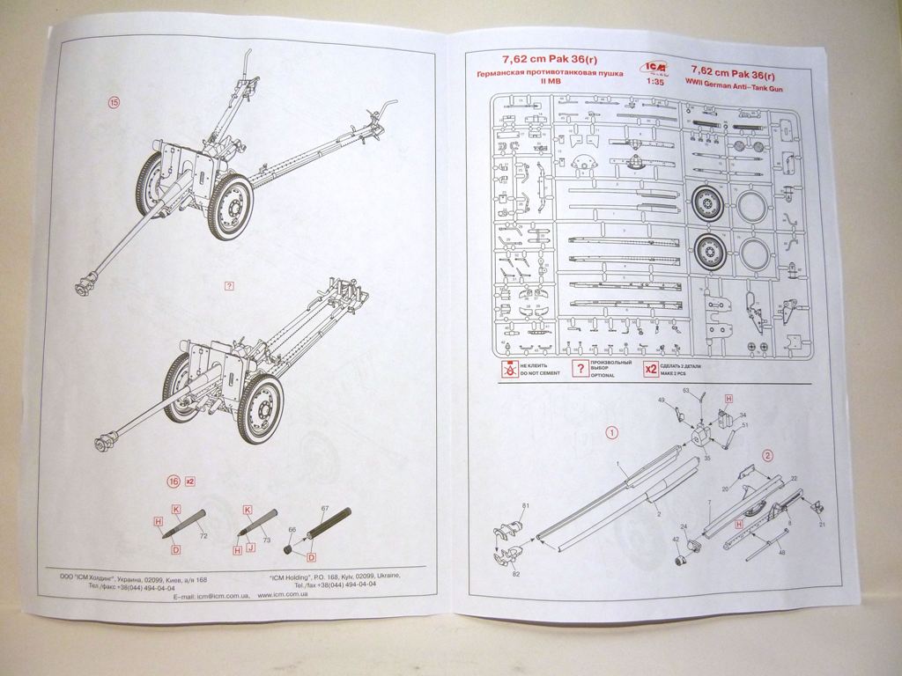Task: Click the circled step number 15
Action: click(x=114, y=102)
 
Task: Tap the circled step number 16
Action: click(x=174, y=481)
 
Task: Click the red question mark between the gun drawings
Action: click(x=229, y=287)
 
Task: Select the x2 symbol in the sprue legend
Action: click(x=651, y=369)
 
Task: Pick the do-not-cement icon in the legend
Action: click(x=508, y=369)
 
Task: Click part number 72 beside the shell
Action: click(x=203, y=535)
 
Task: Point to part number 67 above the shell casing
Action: click(x=324, y=510)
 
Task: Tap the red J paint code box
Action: click(x=252, y=548)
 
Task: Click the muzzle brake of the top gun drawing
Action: click(x=85, y=287)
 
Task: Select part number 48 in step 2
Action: click(x=781, y=552)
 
